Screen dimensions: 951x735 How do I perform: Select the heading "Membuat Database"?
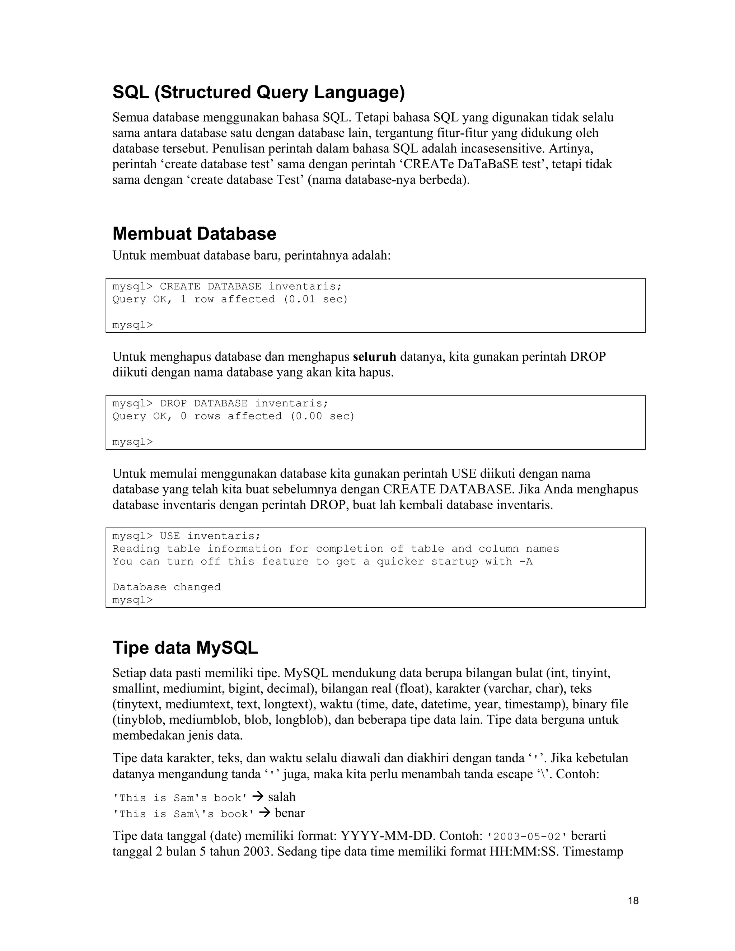tap(194, 234)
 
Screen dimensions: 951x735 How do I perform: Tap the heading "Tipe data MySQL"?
tap(185, 647)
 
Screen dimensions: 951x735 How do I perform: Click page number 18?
tap(633, 900)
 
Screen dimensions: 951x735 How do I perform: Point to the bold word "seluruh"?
tap(374, 357)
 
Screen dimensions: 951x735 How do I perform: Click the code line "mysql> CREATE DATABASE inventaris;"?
tap(227, 286)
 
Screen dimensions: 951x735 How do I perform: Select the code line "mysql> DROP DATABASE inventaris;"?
tap(220, 403)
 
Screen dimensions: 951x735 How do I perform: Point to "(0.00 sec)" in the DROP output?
tap(323, 416)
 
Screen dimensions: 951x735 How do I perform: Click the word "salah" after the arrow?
tap(282, 797)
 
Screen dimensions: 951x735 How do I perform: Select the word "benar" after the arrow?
tap(290, 813)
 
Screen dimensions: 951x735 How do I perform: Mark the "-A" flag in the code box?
tap(526, 561)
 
